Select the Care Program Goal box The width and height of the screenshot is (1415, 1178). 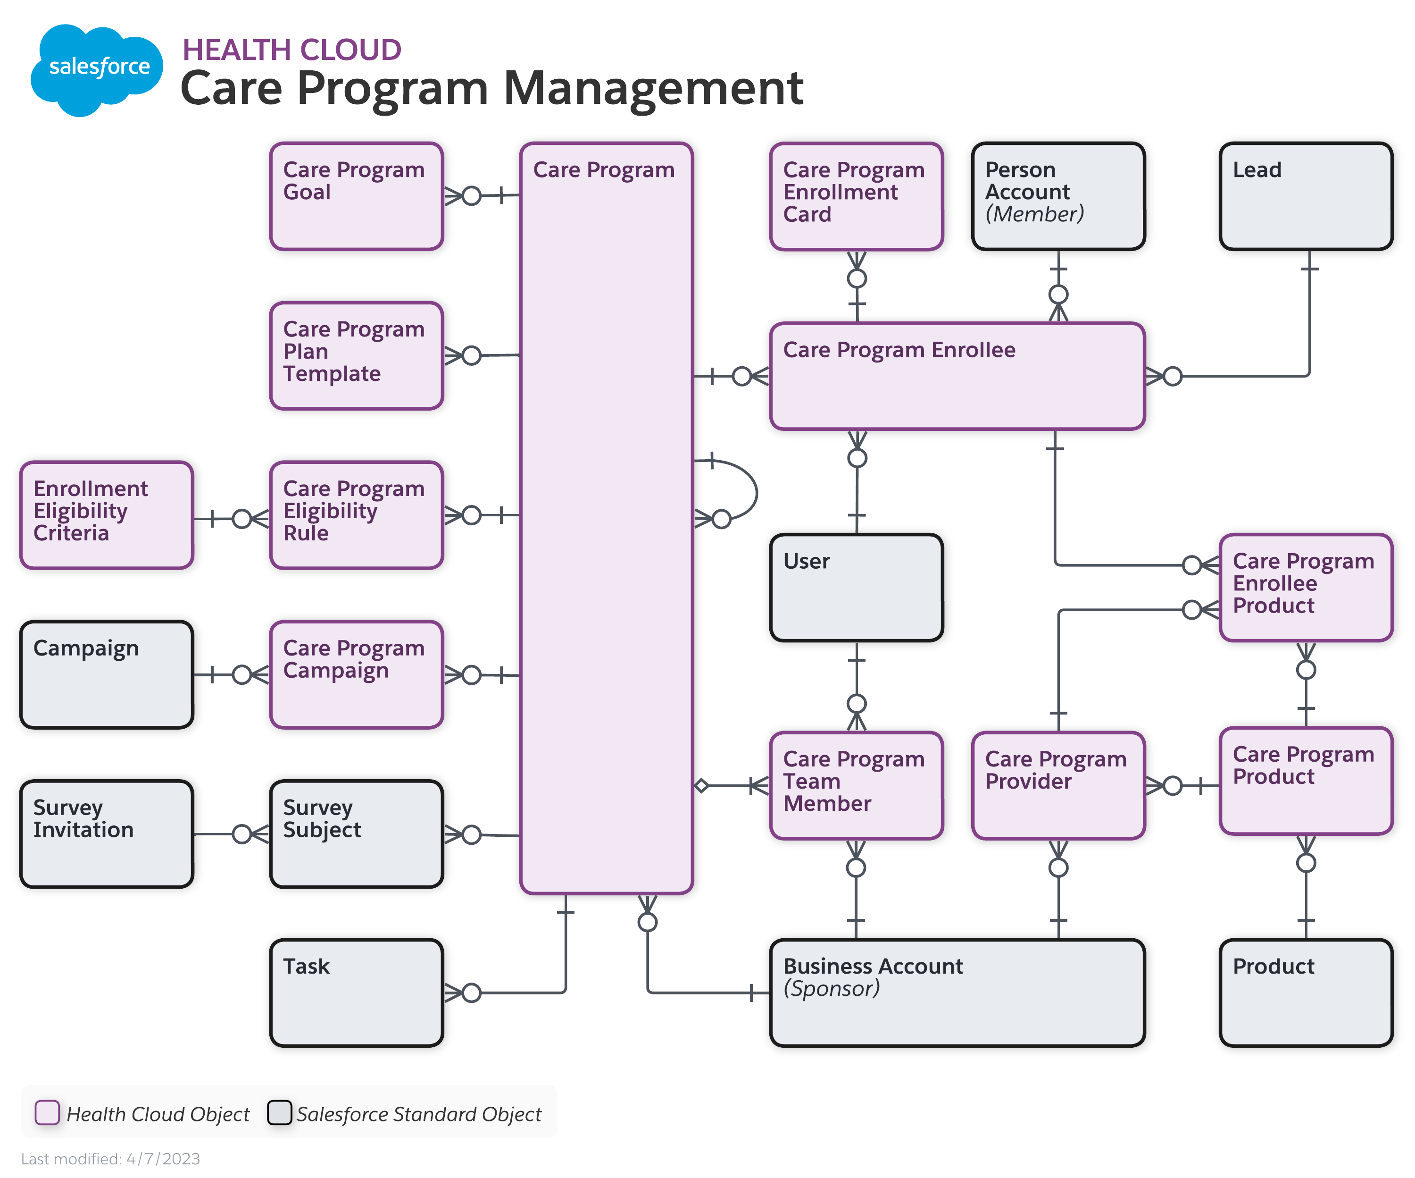(356, 196)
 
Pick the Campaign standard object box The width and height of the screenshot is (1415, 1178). (107, 674)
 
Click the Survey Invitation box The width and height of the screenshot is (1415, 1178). (107, 833)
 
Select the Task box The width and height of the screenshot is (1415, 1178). (356, 993)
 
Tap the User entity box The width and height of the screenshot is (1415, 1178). (856, 587)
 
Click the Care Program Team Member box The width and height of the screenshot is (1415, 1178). (856, 785)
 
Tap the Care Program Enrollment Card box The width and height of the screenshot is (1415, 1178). (856, 196)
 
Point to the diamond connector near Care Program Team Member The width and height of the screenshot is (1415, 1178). (701, 785)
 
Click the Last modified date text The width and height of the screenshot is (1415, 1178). (110, 1159)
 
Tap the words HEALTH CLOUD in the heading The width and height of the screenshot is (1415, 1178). (292, 50)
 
